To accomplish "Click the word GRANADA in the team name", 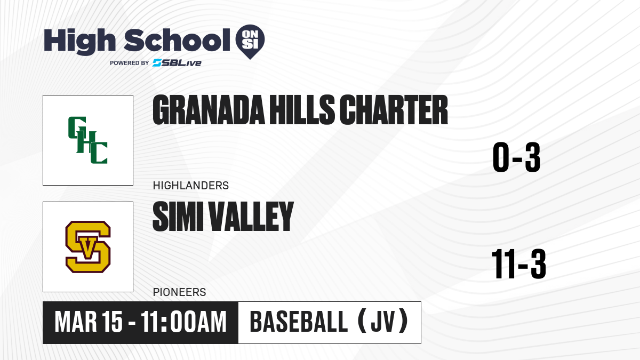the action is coord(209,110).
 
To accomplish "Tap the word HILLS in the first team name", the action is coord(302,110).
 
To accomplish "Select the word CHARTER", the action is coord(394,110).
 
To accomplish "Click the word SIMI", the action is coord(178,217).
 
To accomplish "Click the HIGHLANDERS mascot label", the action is coord(191,186).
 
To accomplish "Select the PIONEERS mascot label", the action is coord(179,292).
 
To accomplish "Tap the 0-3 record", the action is coord(517,157).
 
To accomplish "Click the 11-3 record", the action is coord(519,264).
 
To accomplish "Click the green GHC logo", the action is coord(87,140).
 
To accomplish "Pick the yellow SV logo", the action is coord(88,247).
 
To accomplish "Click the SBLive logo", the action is coord(177,63).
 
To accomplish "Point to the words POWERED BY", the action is coord(130,63).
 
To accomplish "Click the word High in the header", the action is coord(79,42).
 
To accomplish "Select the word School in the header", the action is coord(177,40).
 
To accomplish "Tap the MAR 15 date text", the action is coord(89,322).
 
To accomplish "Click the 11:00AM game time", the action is coord(183,322).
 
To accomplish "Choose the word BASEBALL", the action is coord(299,322).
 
